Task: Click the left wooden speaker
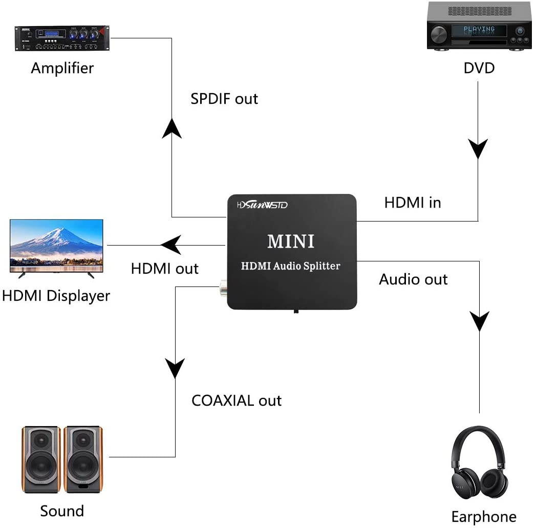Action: pos(41,459)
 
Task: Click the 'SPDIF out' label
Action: pos(224,99)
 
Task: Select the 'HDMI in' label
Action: pos(413,203)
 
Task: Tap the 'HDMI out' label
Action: pos(164,268)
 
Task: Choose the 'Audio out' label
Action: pos(413,279)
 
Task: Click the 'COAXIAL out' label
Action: pos(237,400)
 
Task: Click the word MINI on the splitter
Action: pos(291,241)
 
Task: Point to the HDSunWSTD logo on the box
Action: pos(263,205)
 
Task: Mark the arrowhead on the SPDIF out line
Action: pos(172,128)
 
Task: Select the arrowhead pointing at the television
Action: pos(171,245)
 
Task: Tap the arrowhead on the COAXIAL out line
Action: pos(176,368)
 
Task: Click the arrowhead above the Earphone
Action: pos(480,321)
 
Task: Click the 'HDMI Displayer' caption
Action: pos(56,295)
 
